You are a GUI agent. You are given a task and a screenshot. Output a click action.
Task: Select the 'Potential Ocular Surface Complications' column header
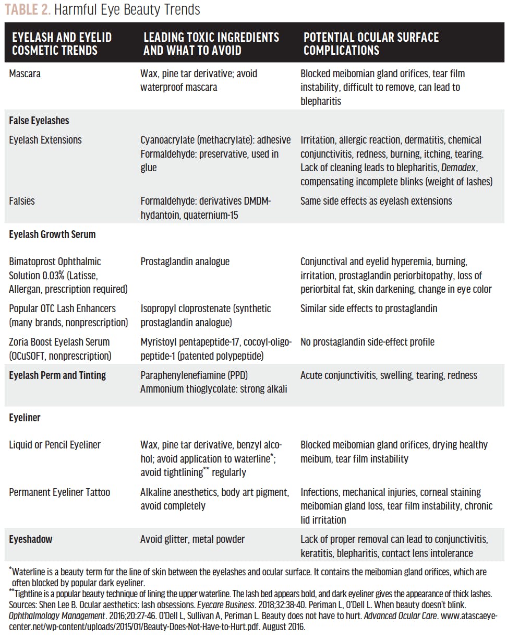click(x=371, y=44)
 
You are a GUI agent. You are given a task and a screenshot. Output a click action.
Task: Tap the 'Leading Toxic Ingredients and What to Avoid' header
click(x=211, y=44)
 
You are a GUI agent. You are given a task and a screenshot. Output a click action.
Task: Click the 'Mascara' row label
click(x=25, y=74)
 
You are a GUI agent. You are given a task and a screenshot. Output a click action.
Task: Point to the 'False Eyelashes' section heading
click(x=39, y=121)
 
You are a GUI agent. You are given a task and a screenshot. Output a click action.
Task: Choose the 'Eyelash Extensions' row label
click(x=45, y=140)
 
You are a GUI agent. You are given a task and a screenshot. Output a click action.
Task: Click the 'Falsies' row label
click(x=21, y=201)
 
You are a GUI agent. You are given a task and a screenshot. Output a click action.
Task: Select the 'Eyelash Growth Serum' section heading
click(x=52, y=234)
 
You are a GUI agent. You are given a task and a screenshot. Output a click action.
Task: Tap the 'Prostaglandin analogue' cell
click(x=185, y=262)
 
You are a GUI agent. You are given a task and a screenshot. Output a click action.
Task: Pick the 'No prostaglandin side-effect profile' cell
click(x=367, y=342)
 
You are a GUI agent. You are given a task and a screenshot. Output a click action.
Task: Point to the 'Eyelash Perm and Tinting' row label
click(x=57, y=375)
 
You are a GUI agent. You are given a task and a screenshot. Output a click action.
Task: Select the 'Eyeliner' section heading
click(x=25, y=418)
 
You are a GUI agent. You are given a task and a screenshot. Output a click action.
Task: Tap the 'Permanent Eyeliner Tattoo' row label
click(x=59, y=492)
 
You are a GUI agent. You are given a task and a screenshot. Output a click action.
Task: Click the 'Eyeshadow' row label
click(x=31, y=539)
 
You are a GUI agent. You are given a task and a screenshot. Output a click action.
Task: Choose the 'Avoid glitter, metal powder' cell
click(x=192, y=539)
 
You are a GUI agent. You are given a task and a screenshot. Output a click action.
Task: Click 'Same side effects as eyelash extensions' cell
click(x=376, y=201)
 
